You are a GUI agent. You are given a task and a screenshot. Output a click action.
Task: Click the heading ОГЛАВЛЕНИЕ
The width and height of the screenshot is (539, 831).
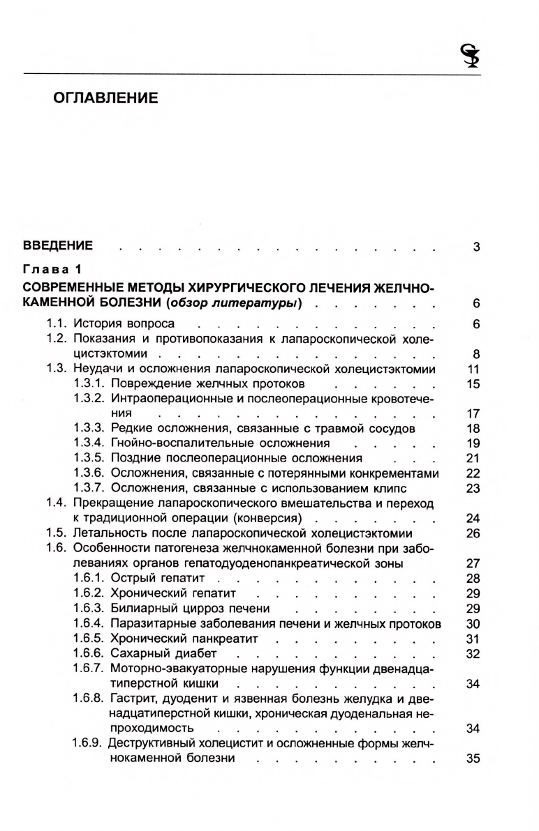(x=106, y=98)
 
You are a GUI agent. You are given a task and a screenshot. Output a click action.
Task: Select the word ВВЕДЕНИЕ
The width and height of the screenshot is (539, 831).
(x=58, y=245)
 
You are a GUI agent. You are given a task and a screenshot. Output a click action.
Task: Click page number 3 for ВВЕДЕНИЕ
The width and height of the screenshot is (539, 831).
(x=475, y=246)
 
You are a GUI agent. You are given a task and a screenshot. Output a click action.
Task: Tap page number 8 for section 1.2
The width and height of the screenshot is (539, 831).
(x=475, y=353)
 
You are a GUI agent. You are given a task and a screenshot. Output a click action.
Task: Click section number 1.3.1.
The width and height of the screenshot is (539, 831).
(x=90, y=383)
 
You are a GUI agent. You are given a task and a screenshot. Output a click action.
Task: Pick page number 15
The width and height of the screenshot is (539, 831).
(x=473, y=383)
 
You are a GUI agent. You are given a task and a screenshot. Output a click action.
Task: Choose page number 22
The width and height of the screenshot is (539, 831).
(x=473, y=473)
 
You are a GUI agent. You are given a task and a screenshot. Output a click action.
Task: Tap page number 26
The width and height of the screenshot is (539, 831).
(x=473, y=533)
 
